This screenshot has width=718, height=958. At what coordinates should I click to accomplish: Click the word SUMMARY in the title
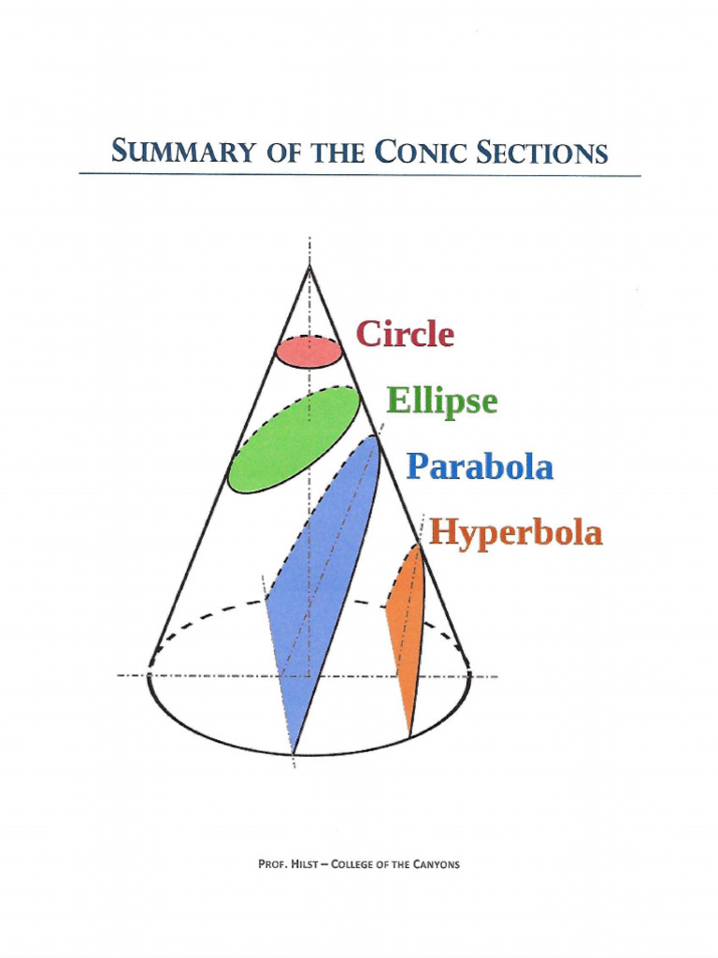[x=182, y=152]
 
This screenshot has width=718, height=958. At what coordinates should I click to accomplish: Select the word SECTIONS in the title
[x=542, y=152]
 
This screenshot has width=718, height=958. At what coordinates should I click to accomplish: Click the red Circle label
[x=405, y=334]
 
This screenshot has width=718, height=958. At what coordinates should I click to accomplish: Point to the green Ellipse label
[x=442, y=402]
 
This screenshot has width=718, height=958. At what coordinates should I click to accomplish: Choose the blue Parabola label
[x=480, y=467]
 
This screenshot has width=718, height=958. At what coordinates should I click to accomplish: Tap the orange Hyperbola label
[x=516, y=532]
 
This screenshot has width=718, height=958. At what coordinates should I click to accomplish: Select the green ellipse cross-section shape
[x=293, y=440]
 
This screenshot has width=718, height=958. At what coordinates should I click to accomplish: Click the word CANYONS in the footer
[x=437, y=864]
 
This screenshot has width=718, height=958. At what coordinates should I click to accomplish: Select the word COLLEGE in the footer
[x=352, y=864]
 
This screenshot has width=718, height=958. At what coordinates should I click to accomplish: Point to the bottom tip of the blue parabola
[x=294, y=754]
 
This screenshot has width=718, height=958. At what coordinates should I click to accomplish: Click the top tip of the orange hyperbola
[x=418, y=544]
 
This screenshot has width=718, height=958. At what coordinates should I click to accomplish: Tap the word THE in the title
[x=338, y=152]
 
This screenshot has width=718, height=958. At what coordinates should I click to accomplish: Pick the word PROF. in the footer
[x=270, y=864]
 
